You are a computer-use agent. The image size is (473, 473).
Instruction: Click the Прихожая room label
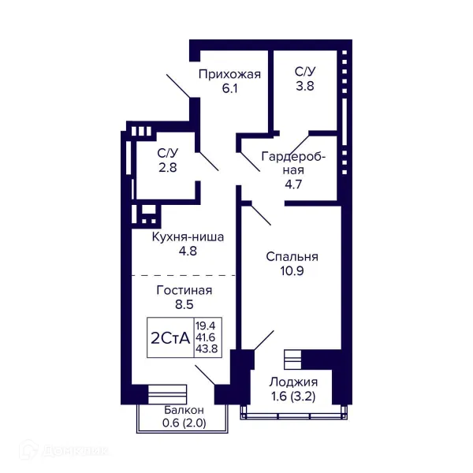(x=229, y=74)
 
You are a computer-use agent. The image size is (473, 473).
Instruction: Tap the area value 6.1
(x=230, y=88)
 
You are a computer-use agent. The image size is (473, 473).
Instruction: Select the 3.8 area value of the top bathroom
(x=305, y=86)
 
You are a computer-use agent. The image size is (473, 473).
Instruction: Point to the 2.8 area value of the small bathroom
(x=168, y=167)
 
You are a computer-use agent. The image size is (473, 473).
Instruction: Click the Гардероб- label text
(x=293, y=157)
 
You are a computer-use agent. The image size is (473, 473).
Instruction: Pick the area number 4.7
(x=293, y=184)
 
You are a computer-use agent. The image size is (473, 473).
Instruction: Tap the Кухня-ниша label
(x=188, y=237)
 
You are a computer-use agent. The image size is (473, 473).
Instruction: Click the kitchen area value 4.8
(x=188, y=251)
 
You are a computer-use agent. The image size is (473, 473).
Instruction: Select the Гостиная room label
(x=184, y=290)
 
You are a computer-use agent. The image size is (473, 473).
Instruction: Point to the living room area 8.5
(x=184, y=304)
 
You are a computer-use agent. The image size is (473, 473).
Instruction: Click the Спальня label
(x=292, y=257)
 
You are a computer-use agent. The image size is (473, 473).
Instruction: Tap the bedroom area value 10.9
(x=292, y=271)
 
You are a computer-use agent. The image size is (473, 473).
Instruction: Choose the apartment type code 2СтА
(x=170, y=338)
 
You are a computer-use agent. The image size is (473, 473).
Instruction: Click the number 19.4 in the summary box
(x=206, y=326)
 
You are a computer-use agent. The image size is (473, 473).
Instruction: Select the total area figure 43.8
(x=207, y=348)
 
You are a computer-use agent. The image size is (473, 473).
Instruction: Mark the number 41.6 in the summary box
(x=206, y=337)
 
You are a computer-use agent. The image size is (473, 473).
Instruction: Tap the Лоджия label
(x=293, y=382)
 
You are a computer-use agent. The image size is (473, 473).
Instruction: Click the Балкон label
(x=184, y=410)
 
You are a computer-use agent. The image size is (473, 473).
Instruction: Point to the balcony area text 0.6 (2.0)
(x=184, y=423)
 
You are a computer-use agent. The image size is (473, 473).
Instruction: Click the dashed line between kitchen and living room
(x=184, y=275)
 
